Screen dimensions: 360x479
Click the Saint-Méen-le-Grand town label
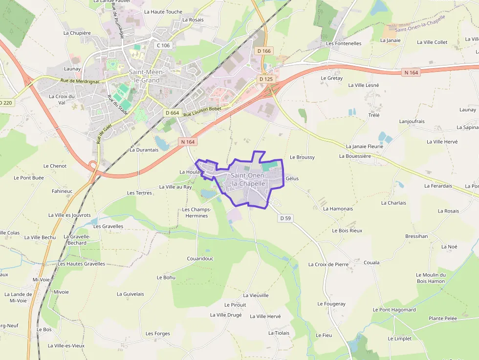(147, 76)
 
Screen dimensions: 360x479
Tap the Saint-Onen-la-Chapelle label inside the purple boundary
(248, 179)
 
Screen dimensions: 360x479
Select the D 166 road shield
(264, 51)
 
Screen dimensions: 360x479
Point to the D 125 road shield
(266, 79)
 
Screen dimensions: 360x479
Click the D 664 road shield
(173, 113)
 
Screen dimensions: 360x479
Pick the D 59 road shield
(286, 218)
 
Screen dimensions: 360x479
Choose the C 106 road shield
(163, 45)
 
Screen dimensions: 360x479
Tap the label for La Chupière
(77, 33)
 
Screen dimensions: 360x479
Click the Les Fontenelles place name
(344, 43)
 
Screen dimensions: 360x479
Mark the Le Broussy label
(302, 157)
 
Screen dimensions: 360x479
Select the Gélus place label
(292, 179)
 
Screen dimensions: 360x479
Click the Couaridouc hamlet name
(200, 259)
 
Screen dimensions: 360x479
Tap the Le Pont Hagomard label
(394, 310)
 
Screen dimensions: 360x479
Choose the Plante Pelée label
(443, 318)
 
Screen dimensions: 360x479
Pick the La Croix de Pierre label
(328, 264)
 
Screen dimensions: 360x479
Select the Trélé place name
(373, 115)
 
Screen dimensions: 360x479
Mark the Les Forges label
(158, 334)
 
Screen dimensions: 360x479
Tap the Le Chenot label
(55, 166)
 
